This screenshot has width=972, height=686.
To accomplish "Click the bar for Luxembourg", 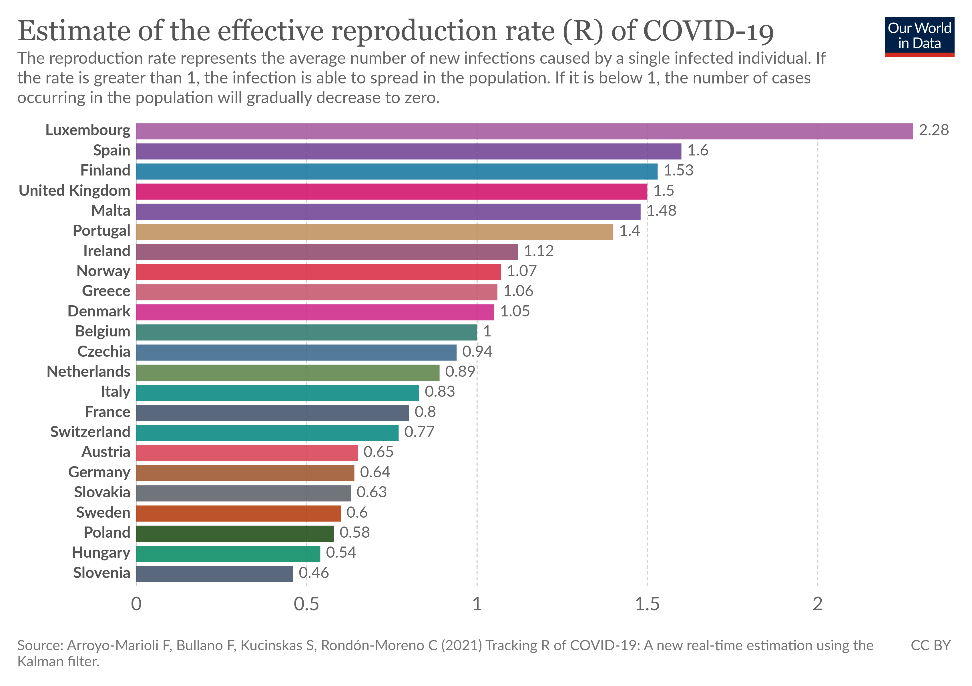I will point(524,131).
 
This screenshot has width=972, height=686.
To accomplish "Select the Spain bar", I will point(409,151).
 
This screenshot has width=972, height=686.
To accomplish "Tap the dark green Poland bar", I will point(235,533).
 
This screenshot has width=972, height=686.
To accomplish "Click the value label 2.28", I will point(933,130).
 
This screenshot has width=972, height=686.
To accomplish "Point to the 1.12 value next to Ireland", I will point(539,251).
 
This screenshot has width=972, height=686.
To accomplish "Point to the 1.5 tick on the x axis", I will point(647,604).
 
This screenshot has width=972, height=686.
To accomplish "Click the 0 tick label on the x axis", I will point(136,604).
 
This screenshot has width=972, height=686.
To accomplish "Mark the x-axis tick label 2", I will point(817,604).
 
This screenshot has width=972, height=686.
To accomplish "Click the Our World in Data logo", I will point(919,36).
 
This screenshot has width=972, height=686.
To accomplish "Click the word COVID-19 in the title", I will point(708,31).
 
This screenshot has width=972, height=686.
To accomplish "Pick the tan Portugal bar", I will point(375,232).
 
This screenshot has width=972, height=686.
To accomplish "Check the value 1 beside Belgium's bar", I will point(487,331).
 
